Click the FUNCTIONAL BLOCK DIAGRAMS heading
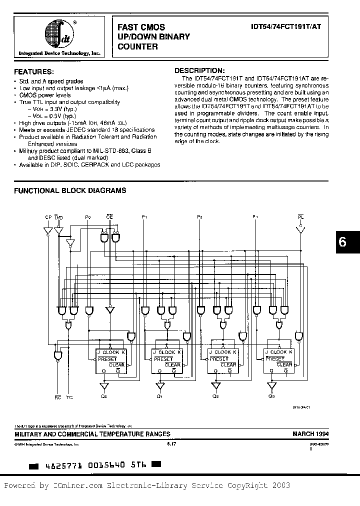click(x=69, y=190)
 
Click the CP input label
click(x=48, y=217)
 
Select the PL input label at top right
click(x=300, y=217)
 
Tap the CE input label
click(x=109, y=217)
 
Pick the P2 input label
click(x=199, y=217)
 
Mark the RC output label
click(x=56, y=397)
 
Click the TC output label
click(x=69, y=397)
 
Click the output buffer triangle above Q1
click(x=159, y=386)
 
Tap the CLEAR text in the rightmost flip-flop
click(x=284, y=365)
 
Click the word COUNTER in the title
click(x=137, y=46)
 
